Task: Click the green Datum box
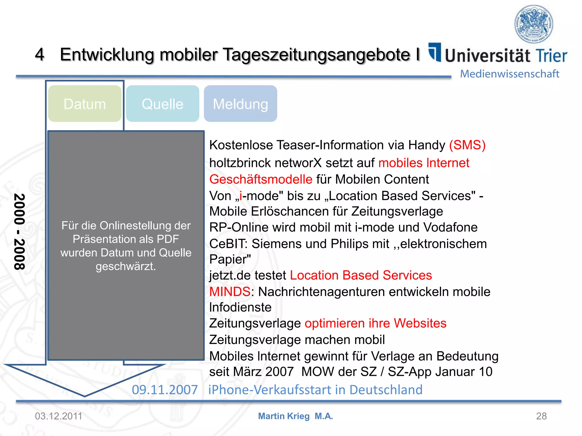[x=85, y=104]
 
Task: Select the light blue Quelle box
[x=163, y=104]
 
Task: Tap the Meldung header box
[x=240, y=104]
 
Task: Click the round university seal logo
[x=534, y=24]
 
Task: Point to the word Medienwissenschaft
[x=510, y=74]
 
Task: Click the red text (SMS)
[x=467, y=145]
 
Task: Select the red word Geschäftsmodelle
[x=261, y=179]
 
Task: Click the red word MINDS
[x=230, y=292]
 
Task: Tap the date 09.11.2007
[x=165, y=390]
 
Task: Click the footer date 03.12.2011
[x=59, y=416]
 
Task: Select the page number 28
[x=541, y=416]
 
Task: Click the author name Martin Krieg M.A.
[x=295, y=416]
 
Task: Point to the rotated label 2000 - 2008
[x=20, y=231]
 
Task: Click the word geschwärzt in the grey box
[x=126, y=266]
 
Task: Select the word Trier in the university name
[x=551, y=56]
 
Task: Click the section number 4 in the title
[x=40, y=54]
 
